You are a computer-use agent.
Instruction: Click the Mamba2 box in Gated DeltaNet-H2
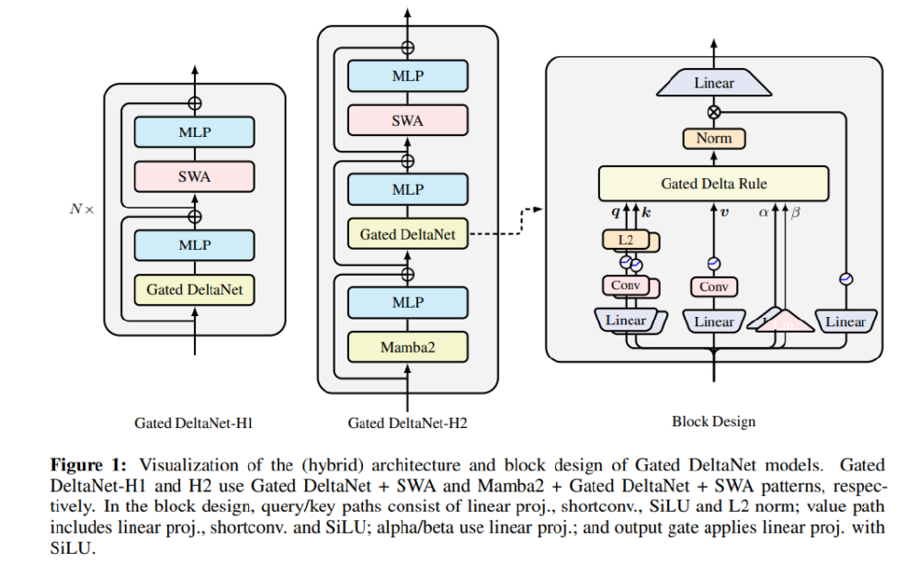pos(408,347)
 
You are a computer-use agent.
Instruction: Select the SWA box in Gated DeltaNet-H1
pos(194,176)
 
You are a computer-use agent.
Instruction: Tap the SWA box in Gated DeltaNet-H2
pos(408,120)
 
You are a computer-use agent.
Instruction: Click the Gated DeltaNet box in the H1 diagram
pos(194,290)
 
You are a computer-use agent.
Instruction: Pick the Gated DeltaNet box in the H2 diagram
pos(408,234)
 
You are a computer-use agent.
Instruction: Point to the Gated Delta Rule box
pos(713,184)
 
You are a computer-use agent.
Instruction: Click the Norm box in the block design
pos(713,139)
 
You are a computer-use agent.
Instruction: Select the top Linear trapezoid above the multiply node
pos(713,84)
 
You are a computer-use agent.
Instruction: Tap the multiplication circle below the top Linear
pos(713,112)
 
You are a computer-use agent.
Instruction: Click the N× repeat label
pos(82,209)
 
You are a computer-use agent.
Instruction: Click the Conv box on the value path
pos(713,288)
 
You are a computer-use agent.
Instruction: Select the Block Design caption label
pos(713,422)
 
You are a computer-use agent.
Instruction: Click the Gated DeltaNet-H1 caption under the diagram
pos(194,424)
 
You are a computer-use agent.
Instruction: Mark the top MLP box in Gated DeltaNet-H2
pos(408,75)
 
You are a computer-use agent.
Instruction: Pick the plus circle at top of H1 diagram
pos(194,104)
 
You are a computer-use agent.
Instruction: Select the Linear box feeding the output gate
pos(845,322)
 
